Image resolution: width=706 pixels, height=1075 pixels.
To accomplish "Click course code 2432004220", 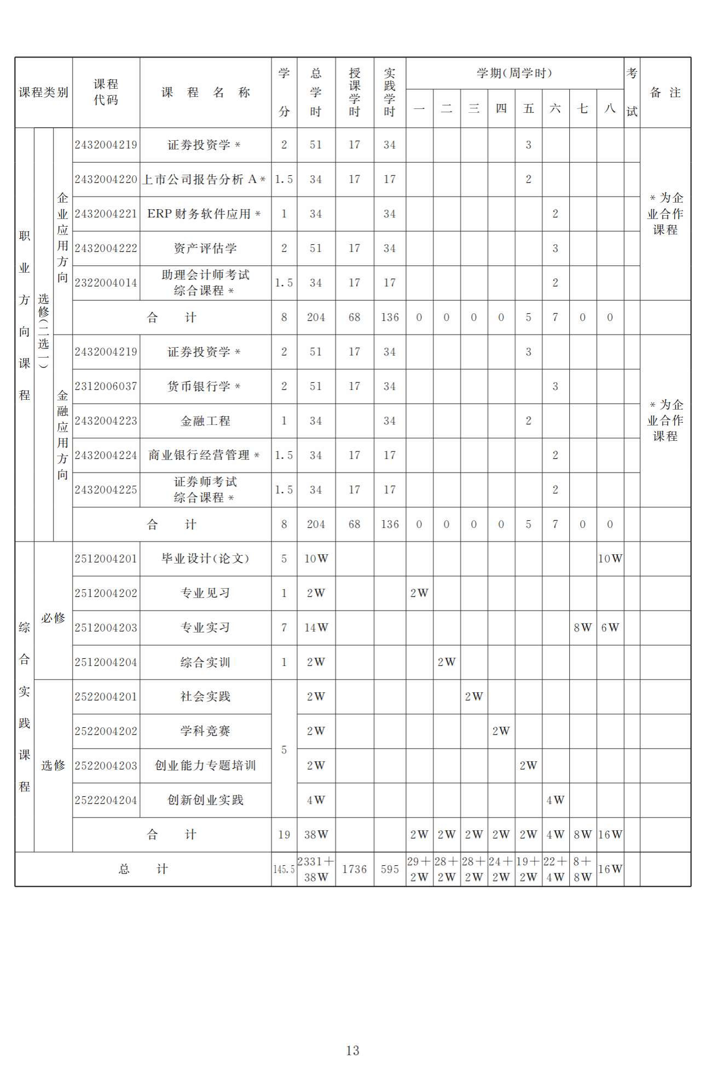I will [106, 180].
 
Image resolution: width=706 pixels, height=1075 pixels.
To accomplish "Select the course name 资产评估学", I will [205, 249].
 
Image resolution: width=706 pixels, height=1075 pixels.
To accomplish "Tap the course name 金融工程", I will [205, 421].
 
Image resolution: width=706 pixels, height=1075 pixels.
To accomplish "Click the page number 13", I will [352, 1050].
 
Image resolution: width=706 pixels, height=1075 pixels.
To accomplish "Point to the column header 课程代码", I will [106, 92].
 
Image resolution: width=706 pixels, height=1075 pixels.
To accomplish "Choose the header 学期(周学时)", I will [514, 73].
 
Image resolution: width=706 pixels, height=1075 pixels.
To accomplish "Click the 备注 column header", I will [665, 93].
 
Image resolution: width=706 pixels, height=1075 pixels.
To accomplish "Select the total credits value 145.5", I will [284, 869].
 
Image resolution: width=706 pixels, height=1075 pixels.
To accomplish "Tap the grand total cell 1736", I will [354, 869].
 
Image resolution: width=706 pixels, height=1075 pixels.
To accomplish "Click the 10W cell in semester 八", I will [610, 559].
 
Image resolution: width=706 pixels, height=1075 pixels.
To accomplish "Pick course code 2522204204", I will [106, 800].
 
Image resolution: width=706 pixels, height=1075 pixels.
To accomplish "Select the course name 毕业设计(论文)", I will [205, 559].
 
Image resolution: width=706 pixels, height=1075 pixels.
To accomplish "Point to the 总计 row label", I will [143, 869].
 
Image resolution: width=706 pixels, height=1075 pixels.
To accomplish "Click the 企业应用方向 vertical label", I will [63, 238].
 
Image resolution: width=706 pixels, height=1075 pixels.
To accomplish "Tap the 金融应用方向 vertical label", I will [63, 435].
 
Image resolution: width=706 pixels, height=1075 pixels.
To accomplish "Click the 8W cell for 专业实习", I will [582, 628].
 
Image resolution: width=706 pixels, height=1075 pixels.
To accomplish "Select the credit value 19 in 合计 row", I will [284, 835].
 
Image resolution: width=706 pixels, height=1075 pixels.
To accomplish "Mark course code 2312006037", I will [106, 387].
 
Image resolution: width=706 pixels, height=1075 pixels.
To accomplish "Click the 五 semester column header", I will [528, 108].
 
